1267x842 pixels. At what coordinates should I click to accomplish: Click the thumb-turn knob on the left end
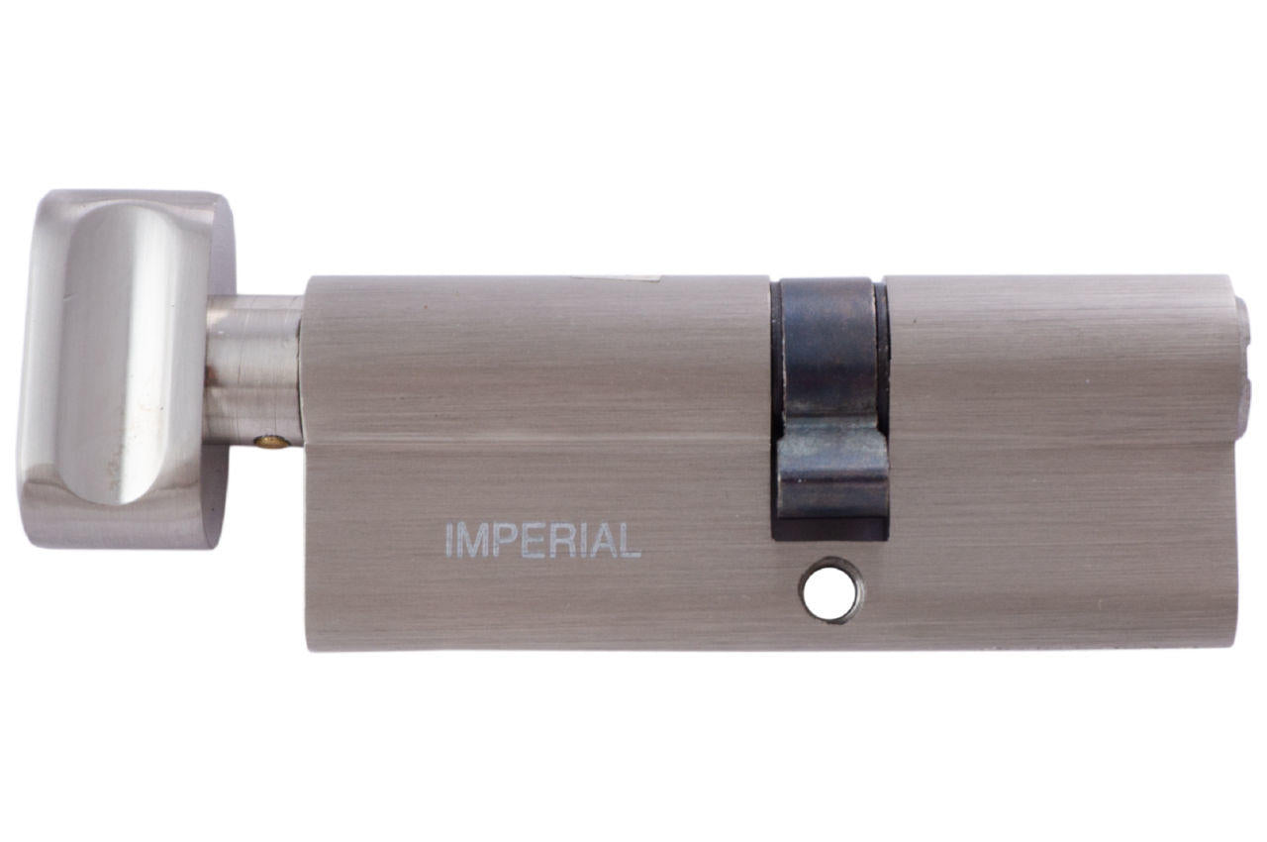119,367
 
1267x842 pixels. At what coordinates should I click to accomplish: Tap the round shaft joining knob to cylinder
253,371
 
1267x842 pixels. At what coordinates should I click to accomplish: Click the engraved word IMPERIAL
542,541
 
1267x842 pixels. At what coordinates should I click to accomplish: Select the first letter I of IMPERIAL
450,541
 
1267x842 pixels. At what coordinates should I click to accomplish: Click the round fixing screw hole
830,591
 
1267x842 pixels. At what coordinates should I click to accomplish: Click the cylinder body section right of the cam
1059,456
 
